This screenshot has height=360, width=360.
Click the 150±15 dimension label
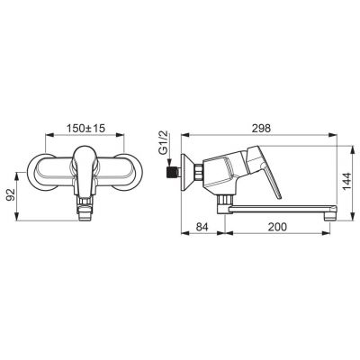85,129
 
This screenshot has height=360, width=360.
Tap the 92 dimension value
11,195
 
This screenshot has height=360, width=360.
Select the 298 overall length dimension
261,128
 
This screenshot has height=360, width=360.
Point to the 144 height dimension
347,181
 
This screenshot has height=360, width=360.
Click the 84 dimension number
202,227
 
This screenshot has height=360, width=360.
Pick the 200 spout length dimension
277,227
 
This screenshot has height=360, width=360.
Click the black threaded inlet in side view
172,173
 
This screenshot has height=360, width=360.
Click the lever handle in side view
265,168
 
